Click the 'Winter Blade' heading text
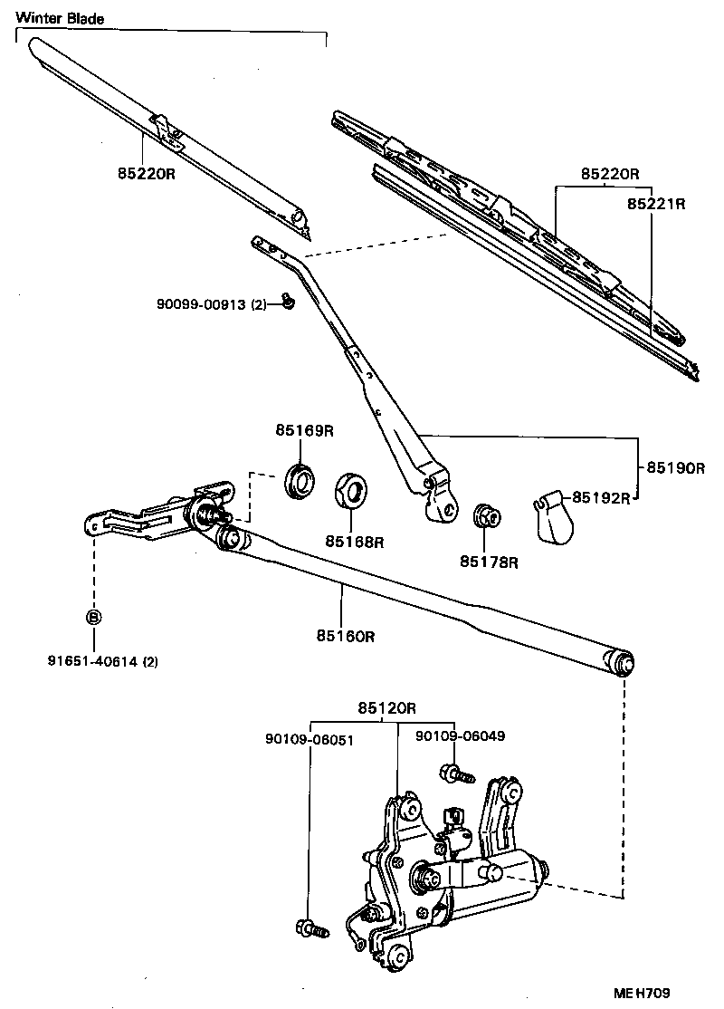coord(60,18)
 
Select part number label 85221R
coord(656,205)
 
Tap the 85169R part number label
coord(305,431)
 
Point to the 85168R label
coord(355,543)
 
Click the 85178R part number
coord(488,562)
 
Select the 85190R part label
coord(674,468)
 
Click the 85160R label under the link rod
coord(345,637)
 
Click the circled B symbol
coord(92,617)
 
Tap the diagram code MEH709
coord(668,993)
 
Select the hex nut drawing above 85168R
coord(351,493)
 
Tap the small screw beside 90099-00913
coord(286,302)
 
